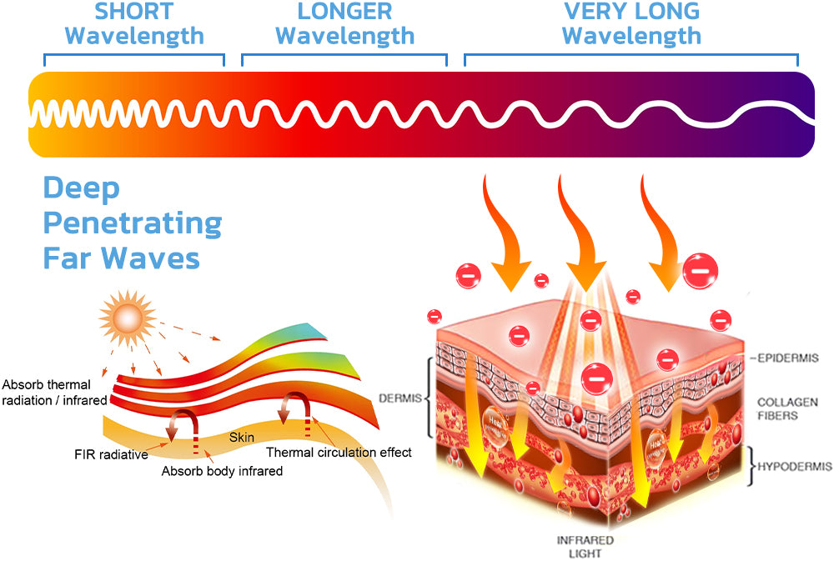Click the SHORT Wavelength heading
[134, 24]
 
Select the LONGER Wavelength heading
[344, 24]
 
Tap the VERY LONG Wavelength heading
[631, 24]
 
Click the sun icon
[128, 317]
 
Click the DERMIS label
[399, 398]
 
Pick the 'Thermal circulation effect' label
[339, 453]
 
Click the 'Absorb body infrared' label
[222, 471]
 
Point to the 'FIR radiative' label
[110, 454]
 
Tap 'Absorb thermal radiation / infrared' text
[54, 393]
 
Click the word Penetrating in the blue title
[133, 223]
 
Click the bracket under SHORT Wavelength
[134, 58]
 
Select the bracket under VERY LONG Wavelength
[631, 58]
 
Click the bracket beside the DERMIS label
[430, 398]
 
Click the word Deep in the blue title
[81, 188]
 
